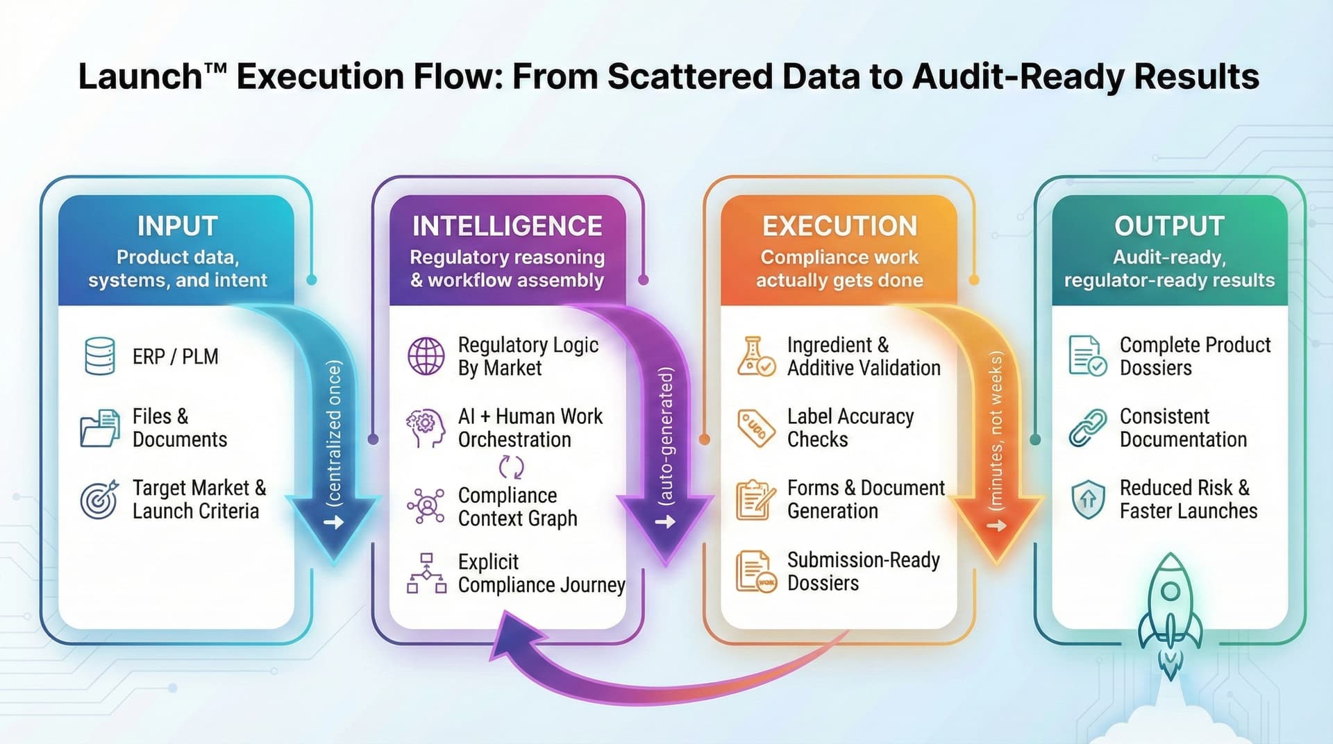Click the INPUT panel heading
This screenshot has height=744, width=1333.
[177, 226]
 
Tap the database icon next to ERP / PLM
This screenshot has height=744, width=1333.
[99, 356]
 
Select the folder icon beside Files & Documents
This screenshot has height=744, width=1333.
[99, 428]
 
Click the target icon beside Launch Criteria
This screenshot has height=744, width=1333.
[99, 499]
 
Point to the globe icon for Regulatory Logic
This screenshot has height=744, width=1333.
[426, 356]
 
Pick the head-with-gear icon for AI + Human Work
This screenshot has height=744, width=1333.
[426, 428]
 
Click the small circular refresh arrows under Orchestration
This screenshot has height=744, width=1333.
[512, 467]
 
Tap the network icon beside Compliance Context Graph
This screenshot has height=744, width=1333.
[426, 506]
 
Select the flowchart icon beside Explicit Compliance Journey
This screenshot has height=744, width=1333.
[426, 573]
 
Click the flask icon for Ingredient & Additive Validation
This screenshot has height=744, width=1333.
[755, 356]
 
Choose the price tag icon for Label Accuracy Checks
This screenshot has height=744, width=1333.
[755, 428]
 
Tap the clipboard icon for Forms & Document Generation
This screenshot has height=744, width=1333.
[755, 499]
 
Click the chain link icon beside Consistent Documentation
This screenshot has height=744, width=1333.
[1087, 428]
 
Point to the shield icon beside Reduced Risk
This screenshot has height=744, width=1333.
[1087, 499]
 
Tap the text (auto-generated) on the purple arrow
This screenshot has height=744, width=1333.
[666, 435]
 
